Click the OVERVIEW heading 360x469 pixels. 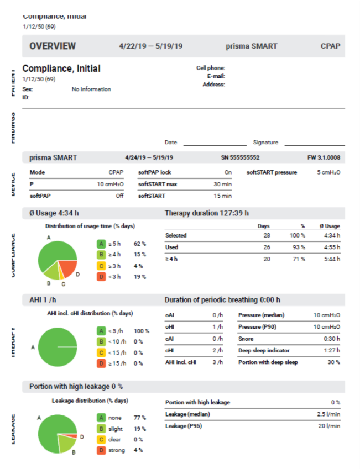click(x=53, y=46)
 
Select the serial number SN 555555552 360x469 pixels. click(x=240, y=157)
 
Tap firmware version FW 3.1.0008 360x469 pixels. click(x=324, y=157)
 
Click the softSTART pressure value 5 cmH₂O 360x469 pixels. click(x=328, y=172)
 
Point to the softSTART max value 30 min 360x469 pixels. click(x=222, y=184)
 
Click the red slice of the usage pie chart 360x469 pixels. click(x=68, y=268)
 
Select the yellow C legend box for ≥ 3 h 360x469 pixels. click(x=101, y=266)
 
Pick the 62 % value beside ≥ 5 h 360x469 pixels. click(x=139, y=243)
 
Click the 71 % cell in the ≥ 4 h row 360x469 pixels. click(x=299, y=259)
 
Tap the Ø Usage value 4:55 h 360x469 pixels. click(x=331, y=247)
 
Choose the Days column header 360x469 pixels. click(x=264, y=226)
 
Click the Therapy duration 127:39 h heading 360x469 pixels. click(x=207, y=213)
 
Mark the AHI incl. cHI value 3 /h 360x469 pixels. click(x=217, y=362)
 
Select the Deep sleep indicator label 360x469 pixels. click(x=264, y=351)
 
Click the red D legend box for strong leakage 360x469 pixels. click(x=101, y=450)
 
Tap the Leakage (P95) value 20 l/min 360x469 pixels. click(x=329, y=426)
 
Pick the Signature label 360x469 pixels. click(x=265, y=142)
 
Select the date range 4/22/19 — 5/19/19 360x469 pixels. click(x=152, y=46)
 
